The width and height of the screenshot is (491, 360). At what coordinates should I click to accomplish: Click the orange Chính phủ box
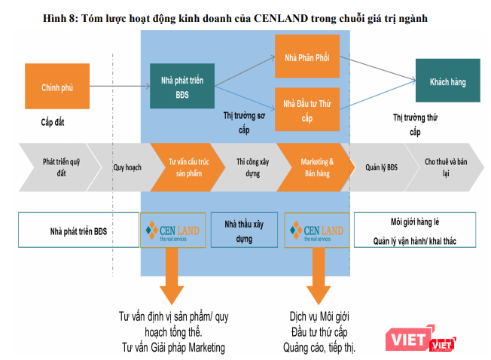[56, 87]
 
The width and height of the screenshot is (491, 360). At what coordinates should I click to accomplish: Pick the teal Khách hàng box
[447, 81]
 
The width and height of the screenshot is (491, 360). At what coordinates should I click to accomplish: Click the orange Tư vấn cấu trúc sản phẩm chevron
[185, 166]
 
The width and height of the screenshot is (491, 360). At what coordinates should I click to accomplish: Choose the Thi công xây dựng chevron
[249, 166]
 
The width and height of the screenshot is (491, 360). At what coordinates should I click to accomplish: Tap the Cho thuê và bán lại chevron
[444, 166]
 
